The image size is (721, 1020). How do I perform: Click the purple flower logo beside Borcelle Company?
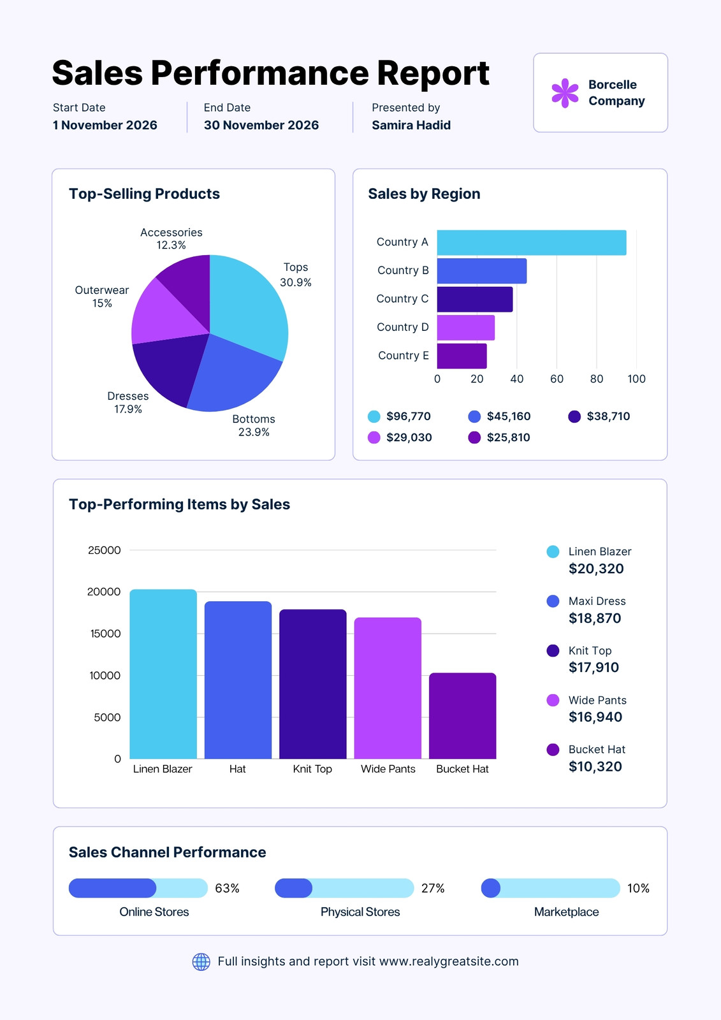[565, 93]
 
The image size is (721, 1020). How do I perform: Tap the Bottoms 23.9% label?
[254, 425]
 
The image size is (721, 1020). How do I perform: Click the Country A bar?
[532, 242]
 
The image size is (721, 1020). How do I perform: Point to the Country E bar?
[462, 356]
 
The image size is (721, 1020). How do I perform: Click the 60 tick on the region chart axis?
[557, 379]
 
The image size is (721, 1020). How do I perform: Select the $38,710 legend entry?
[599, 416]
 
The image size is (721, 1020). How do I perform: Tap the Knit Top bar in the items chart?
[313, 684]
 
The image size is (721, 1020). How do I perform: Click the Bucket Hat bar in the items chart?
[462, 716]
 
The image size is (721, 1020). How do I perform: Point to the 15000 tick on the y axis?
[105, 634]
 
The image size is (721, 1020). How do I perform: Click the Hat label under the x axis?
[237, 769]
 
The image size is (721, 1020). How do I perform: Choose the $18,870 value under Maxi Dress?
[595, 618]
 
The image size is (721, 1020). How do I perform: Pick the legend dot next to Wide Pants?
[553, 700]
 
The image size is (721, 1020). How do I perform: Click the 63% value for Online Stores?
[228, 888]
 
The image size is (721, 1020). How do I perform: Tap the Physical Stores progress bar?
[344, 888]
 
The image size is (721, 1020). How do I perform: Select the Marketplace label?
[566, 912]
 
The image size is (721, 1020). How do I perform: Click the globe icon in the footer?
[201, 961]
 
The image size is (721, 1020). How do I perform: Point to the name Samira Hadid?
[411, 125]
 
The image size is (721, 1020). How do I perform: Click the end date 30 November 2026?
[261, 125]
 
